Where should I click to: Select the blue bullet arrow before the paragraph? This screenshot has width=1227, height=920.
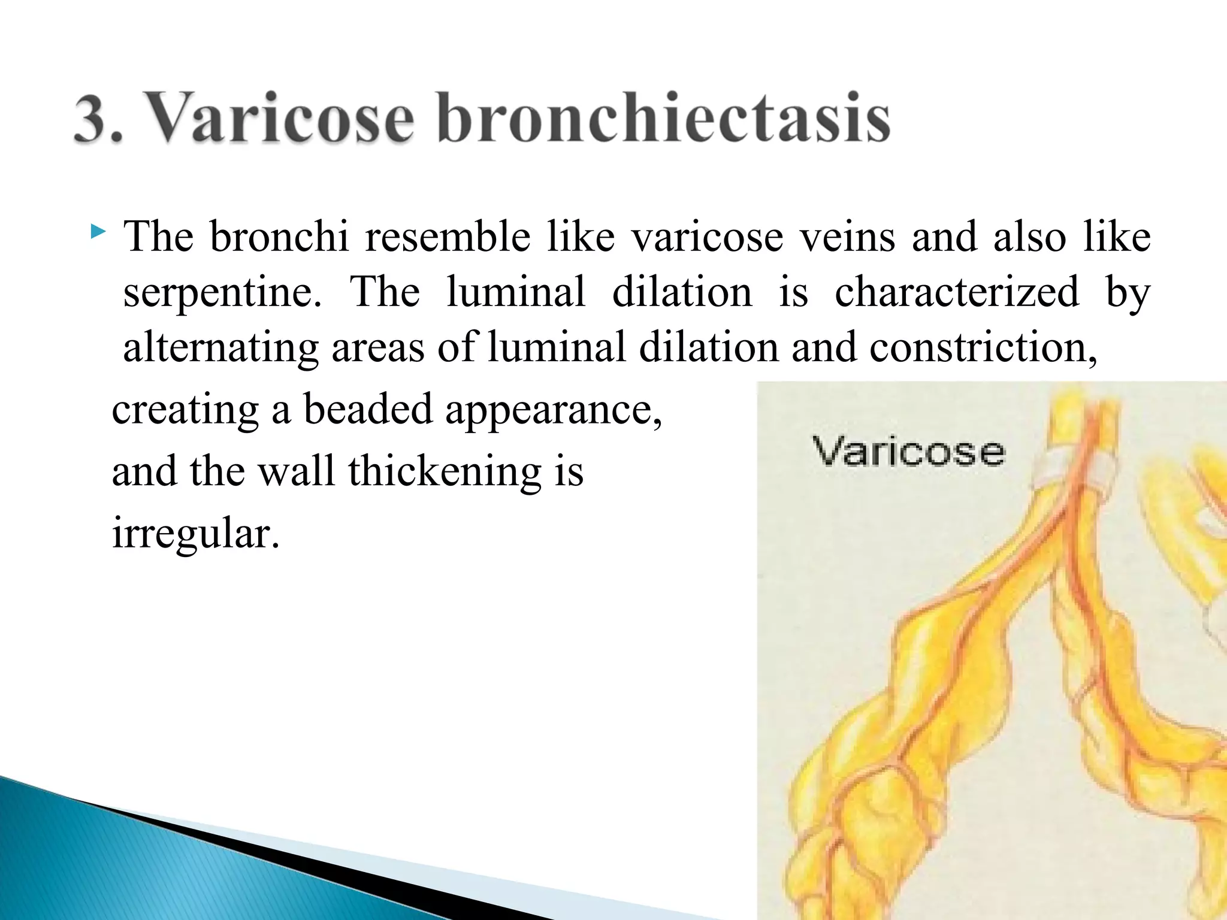(x=98, y=231)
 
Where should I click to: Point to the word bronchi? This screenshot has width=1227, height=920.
(x=279, y=237)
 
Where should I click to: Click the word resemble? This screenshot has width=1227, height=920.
(x=448, y=237)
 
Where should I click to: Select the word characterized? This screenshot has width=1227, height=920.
(x=957, y=292)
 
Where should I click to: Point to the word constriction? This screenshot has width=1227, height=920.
(x=983, y=347)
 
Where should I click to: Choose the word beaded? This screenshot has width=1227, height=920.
(x=367, y=410)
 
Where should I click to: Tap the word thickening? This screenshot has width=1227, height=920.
(x=445, y=471)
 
